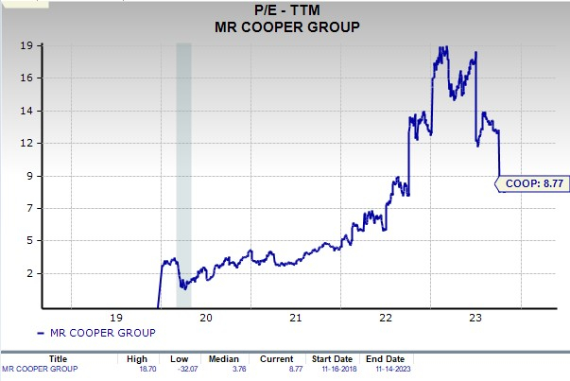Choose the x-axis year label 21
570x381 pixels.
(295, 318)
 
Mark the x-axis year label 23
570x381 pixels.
(475, 318)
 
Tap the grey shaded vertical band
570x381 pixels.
(183, 175)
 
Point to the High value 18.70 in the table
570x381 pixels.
(138, 368)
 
